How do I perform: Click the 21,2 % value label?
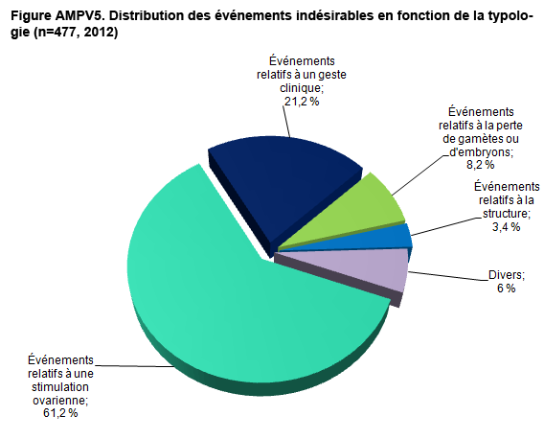302,102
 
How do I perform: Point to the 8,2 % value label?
481,165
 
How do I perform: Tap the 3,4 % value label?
507,227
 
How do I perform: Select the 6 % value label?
507,289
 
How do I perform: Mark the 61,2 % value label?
60,413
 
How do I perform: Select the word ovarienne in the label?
60,400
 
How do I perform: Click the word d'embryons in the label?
481,152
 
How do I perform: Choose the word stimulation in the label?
60,387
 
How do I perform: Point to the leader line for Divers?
448,276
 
